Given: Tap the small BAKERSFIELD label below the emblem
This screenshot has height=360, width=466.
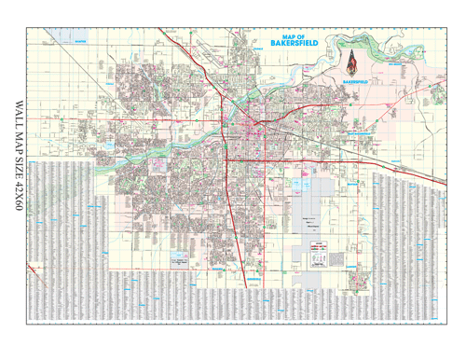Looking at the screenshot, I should [x=356, y=81].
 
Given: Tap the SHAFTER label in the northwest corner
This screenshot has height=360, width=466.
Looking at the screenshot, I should [x=78, y=41].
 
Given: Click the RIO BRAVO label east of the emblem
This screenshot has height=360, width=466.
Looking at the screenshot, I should [x=399, y=65].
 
